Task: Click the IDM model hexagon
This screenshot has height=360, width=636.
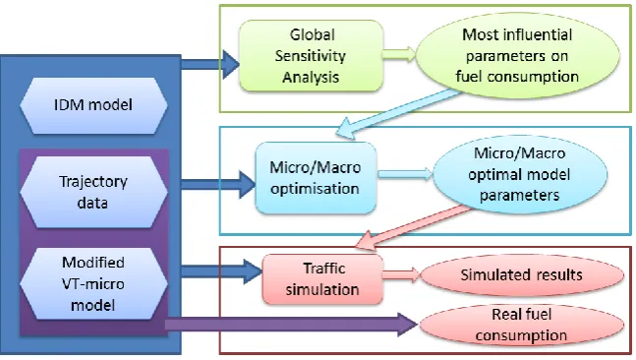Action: click(93, 105)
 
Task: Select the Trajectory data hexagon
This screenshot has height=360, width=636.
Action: click(93, 192)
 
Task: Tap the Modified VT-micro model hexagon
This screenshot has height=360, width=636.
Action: click(93, 283)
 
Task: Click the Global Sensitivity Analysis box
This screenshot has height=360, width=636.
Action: click(311, 56)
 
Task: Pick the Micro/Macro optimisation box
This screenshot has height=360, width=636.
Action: click(316, 178)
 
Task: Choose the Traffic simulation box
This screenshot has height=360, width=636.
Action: click(322, 279)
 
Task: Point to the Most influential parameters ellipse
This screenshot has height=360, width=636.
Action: click(517, 56)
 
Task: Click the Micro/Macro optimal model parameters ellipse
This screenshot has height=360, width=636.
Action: click(520, 174)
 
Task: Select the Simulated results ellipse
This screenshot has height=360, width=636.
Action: click(522, 275)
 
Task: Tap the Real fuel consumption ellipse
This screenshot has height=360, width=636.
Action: click(522, 325)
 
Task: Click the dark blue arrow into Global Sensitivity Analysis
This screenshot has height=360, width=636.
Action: click(210, 64)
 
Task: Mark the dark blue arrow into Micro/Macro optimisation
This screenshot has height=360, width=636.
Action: click(218, 184)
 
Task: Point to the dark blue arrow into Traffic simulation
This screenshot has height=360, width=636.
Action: click(221, 270)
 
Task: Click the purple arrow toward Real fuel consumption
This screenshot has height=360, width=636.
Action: click(291, 325)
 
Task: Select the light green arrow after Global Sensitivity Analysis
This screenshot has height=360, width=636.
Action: click(399, 54)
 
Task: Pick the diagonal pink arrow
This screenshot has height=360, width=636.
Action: click(413, 227)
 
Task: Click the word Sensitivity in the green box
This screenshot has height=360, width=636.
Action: click(311, 56)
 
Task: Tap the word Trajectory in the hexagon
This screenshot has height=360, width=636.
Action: click(93, 181)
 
